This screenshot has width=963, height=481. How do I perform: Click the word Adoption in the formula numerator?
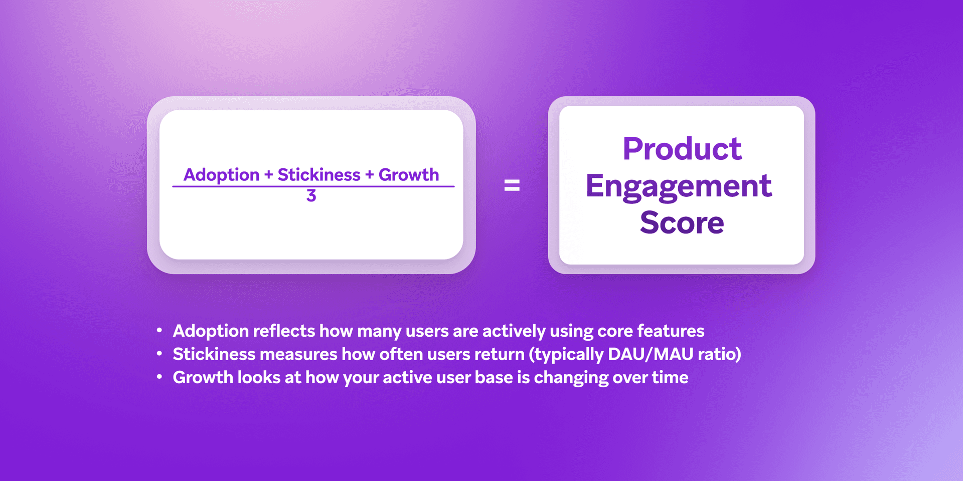click(221, 175)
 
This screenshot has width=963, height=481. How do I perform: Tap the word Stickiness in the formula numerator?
click(318, 175)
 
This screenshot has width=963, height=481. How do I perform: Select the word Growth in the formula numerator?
click(408, 175)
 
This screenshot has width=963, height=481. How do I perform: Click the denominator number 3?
click(311, 196)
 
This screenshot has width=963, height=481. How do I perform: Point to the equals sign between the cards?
click(512, 186)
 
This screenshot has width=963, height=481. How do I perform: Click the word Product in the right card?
click(682, 149)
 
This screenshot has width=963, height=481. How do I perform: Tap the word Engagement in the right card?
click(679, 186)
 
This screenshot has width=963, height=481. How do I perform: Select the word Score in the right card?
click(682, 222)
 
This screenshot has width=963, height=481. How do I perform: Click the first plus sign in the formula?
click(268, 175)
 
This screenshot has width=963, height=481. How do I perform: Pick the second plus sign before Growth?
click(369, 175)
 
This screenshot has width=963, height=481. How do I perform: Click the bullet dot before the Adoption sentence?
click(159, 330)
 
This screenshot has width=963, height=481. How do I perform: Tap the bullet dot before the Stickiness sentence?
click(159, 354)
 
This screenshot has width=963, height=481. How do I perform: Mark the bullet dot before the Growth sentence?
click(159, 377)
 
